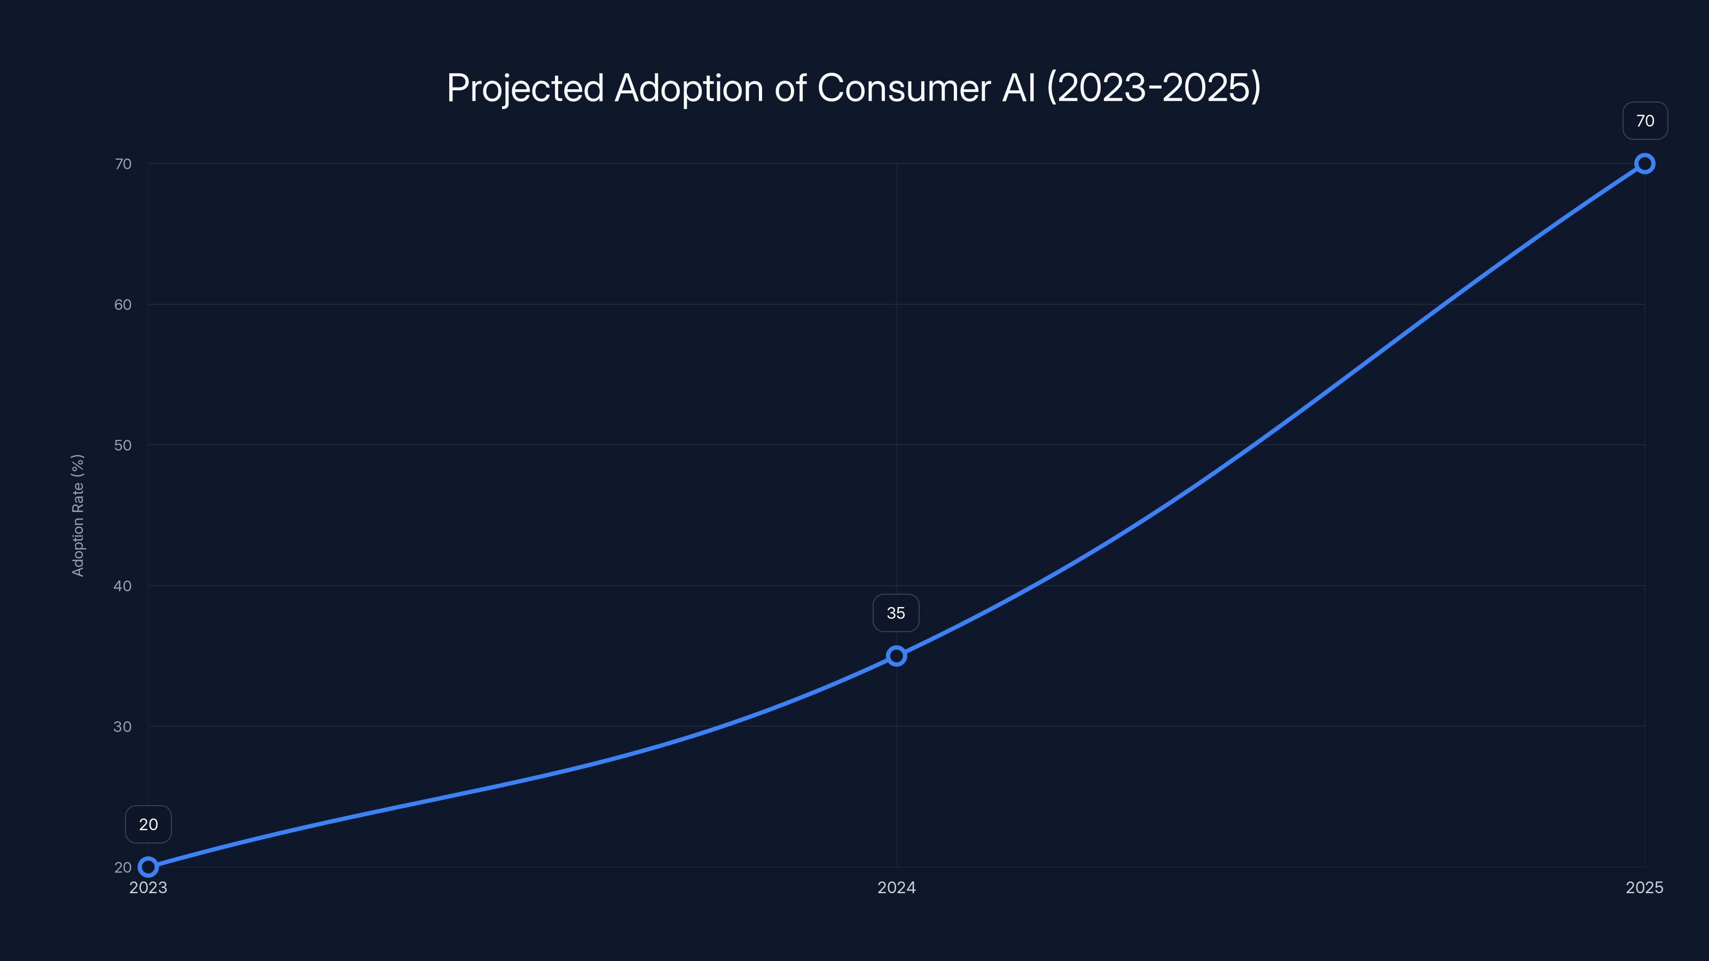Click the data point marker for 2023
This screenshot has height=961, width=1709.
pos(148,867)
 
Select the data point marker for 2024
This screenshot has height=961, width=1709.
pos(896,656)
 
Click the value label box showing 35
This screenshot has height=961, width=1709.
pos(896,613)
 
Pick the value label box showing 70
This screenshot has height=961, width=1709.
pos(1645,121)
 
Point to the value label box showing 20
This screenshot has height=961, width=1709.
pos(148,824)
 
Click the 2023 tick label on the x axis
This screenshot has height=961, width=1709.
pos(148,887)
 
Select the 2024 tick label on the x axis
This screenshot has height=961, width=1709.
pos(896,887)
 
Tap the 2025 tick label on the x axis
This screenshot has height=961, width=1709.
pos(1644,887)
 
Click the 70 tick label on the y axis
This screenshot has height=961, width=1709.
pos(123,164)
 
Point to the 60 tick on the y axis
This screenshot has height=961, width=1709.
pos(123,304)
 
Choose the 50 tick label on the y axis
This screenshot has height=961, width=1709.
pos(123,445)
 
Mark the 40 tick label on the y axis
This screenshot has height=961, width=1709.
pos(123,586)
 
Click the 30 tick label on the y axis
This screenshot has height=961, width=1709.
pos(123,726)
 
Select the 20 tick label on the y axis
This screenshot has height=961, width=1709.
pos(123,867)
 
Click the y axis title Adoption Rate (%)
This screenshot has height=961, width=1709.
pos(77,515)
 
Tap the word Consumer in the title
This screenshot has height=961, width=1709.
pos(904,88)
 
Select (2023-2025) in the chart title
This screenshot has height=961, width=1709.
pos(1153,88)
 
